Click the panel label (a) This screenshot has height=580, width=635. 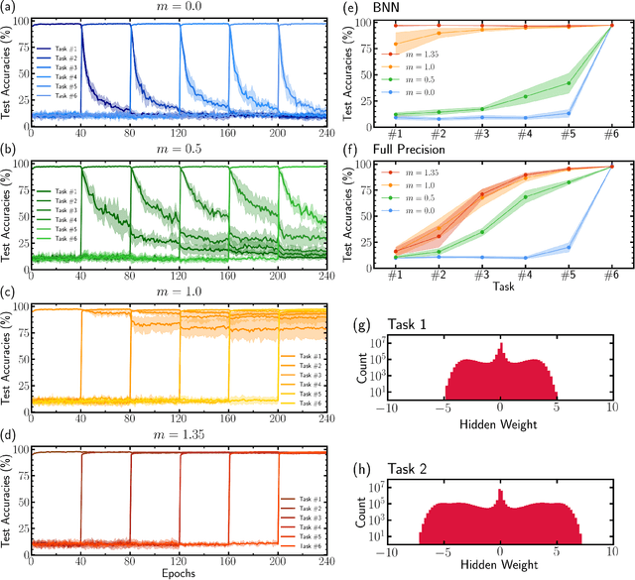tap(11, 8)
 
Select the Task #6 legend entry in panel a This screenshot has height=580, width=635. tap(76, 106)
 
